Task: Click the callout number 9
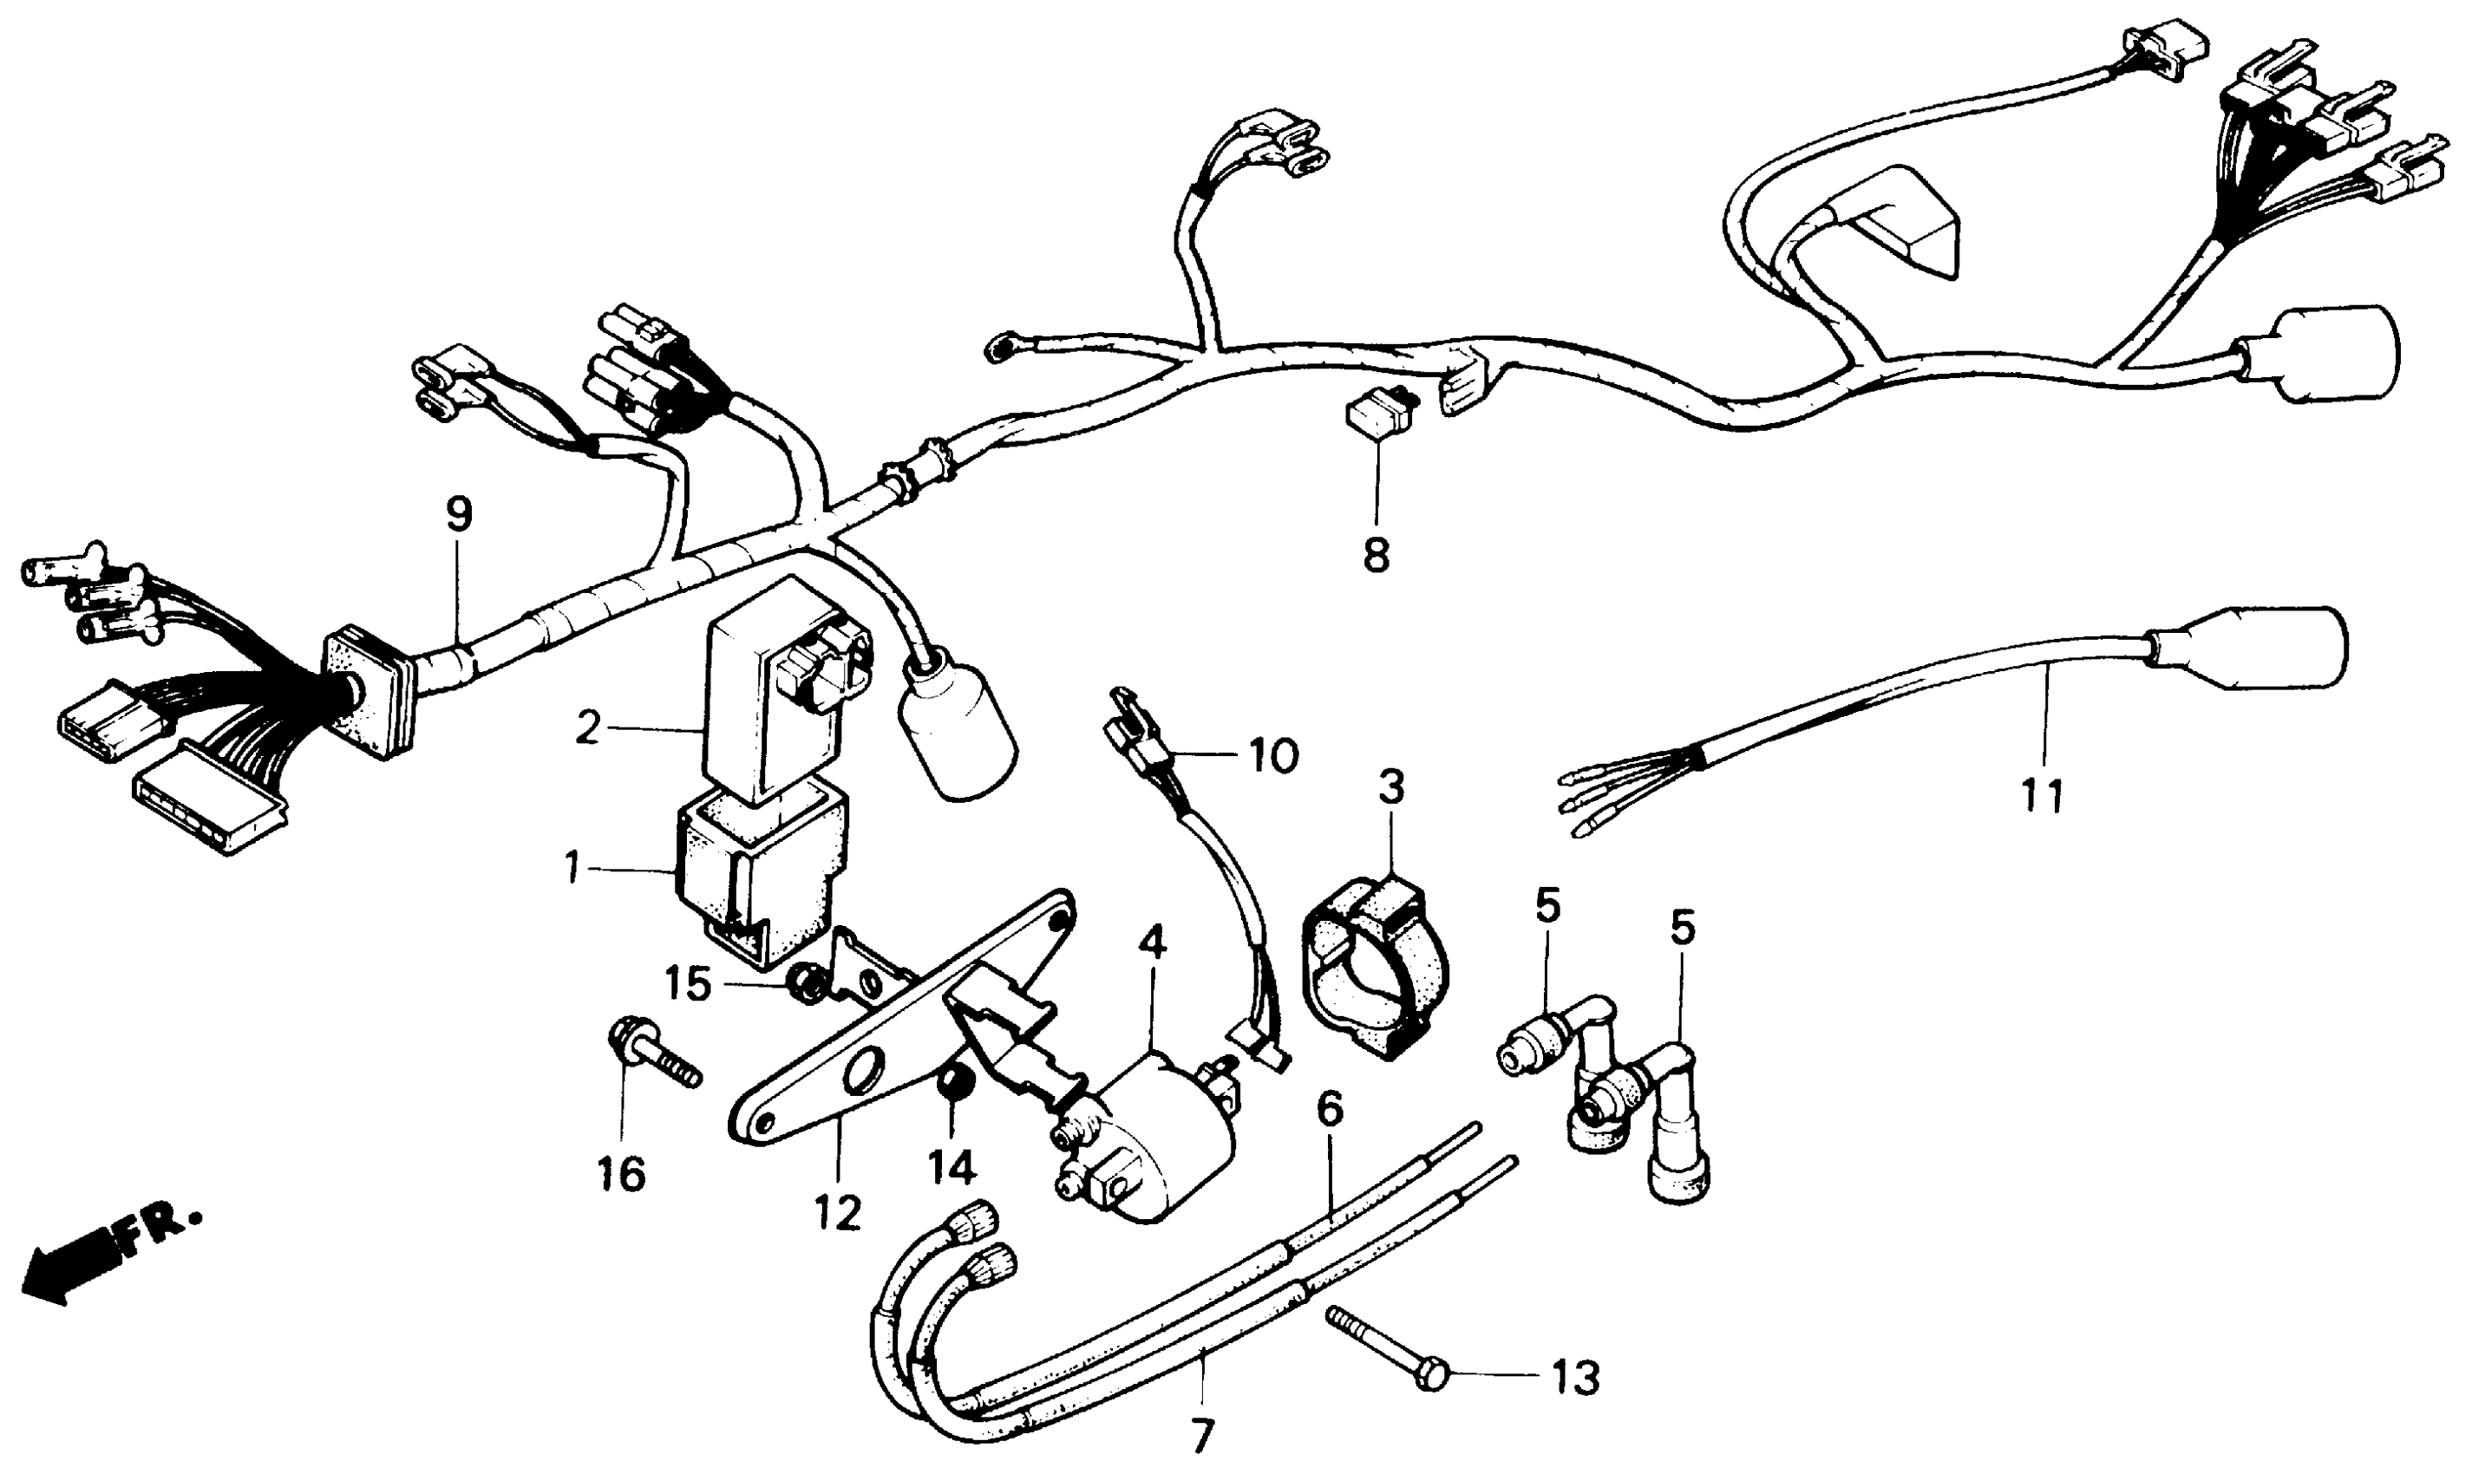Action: coord(458,516)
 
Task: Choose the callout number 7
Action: coord(1202,1436)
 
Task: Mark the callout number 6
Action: coord(1330,1108)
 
